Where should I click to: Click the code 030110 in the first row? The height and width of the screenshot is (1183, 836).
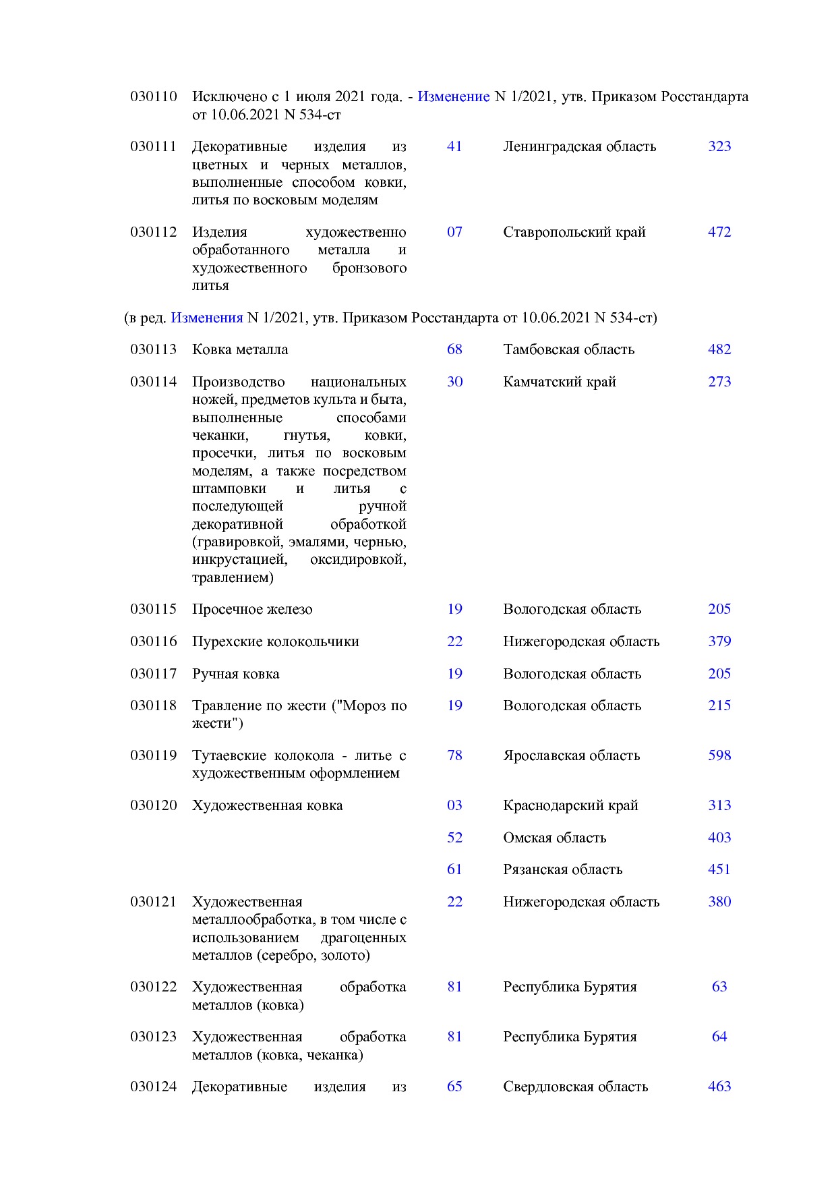click(x=153, y=96)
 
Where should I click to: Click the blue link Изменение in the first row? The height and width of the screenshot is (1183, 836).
click(x=453, y=96)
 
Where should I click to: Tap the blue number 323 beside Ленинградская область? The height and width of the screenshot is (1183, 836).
click(x=719, y=146)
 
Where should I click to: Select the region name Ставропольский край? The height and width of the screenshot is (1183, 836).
click(x=574, y=232)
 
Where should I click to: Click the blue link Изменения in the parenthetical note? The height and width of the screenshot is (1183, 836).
click(x=206, y=318)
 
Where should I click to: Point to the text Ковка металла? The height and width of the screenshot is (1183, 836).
click(x=240, y=349)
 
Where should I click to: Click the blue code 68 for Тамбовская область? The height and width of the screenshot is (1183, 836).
click(x=454, y=349)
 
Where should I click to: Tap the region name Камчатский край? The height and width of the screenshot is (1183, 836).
click(x=560, y=382)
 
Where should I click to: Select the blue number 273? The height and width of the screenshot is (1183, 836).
click(x=719, y=382)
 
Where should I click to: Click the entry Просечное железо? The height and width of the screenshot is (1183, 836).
click(x=252, y=609)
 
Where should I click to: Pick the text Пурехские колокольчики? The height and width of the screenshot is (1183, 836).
click(x=275, y=641)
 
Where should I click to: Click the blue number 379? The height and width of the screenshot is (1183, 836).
click(x=719, y=641)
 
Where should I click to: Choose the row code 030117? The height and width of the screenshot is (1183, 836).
click(x=153, y=674)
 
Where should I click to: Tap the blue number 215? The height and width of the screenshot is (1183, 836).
click(x=719, y=705)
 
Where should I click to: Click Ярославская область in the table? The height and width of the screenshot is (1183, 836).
click(x=571, y=755)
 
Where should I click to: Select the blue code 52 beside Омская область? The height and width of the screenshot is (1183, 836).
click(x=454, y=838)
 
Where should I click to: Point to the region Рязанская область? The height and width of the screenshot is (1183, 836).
click(x=562, y=869)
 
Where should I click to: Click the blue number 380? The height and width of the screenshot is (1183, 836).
click(x=719, y=902)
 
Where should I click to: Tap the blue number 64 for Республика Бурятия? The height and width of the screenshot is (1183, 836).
click(x=719, y=1037)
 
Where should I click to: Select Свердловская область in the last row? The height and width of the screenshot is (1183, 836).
click(x=575, y=1087)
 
